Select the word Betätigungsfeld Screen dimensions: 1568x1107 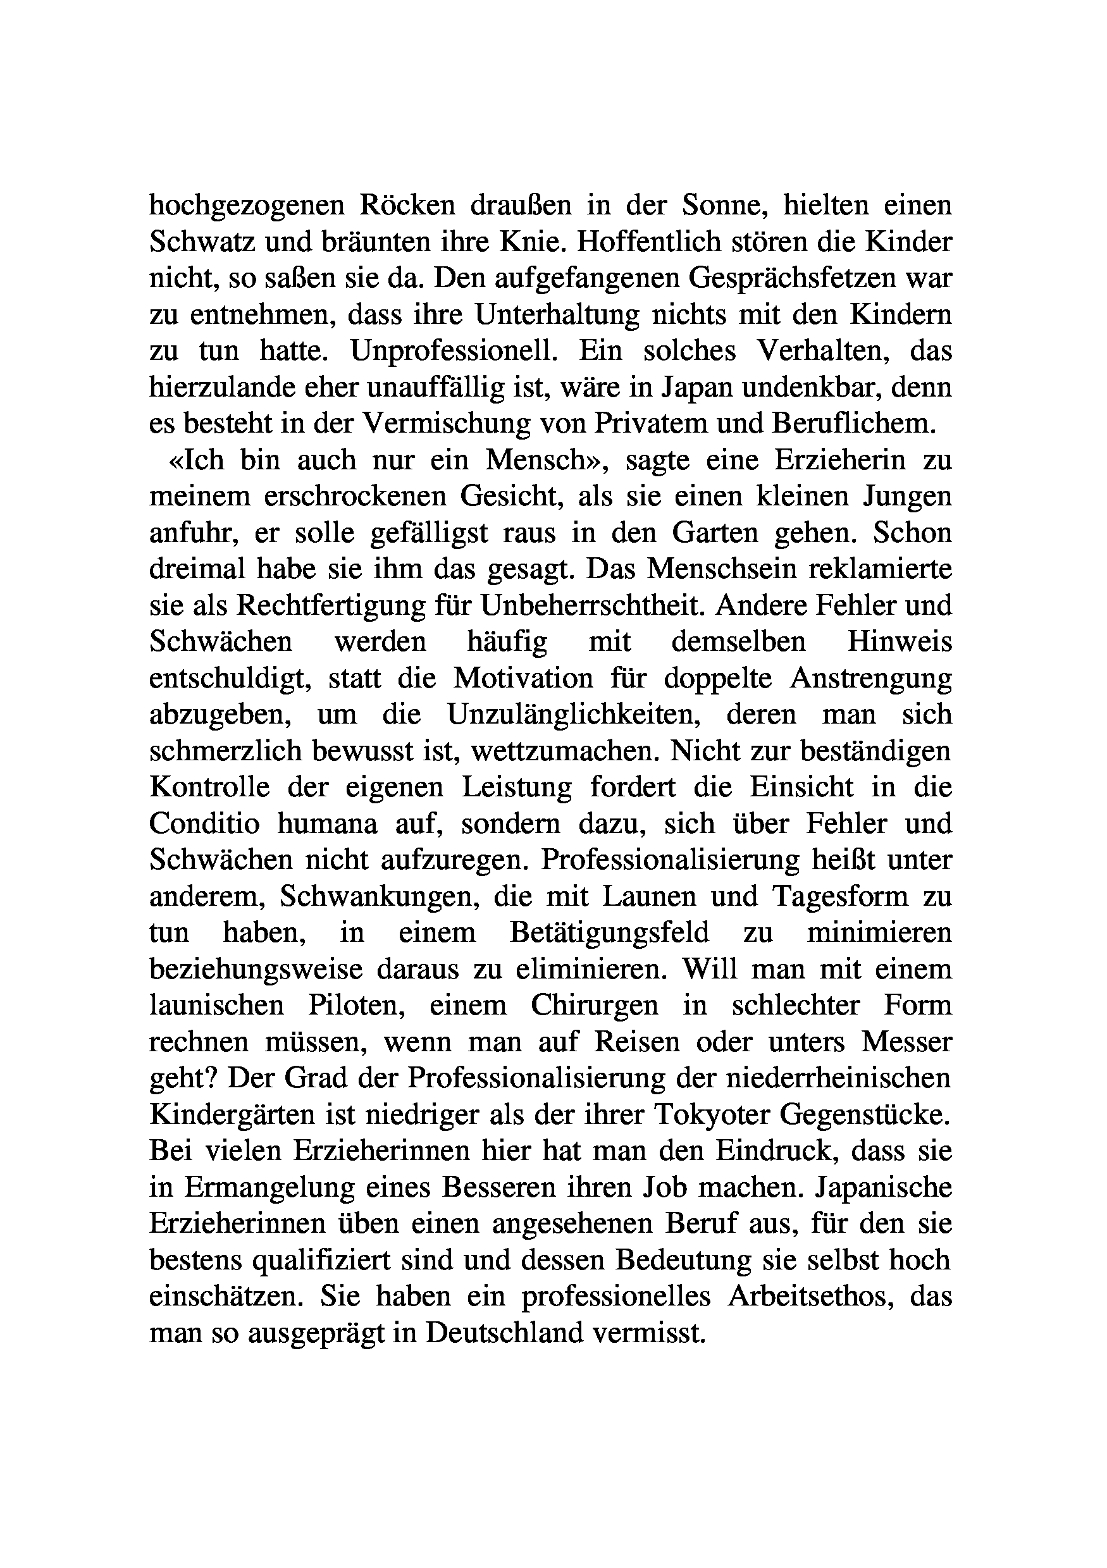click(x=609, y=932)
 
